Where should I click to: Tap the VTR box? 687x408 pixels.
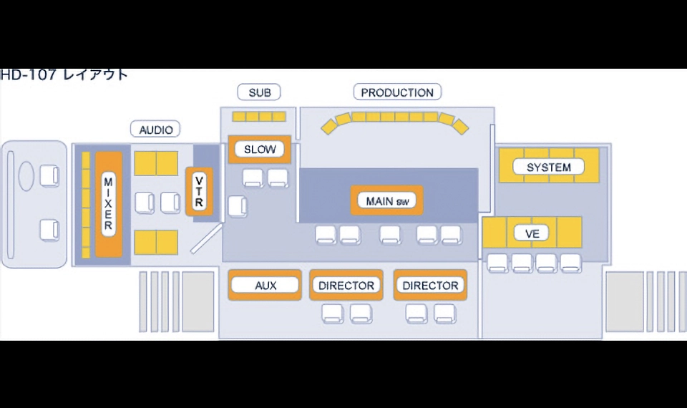pyautogui.click(x=199, y=192)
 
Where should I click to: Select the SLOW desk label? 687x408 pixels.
pyautogui.click(x=259, y=150)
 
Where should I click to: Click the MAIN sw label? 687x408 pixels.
pyautogui.click(x=387, y=201)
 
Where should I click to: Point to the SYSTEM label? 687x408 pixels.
pyautogui.click(x=549, y=167)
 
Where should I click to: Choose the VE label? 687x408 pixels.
pyautogui.click(x=532, y=233)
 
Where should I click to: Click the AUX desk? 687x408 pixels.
pyautogui.click(x=265, y=286)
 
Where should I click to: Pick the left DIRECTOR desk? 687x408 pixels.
pyautogui.click(x=346, y=286)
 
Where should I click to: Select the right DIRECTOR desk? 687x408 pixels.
pyautogui.click(x=430, y=286)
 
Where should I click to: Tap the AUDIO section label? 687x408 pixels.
pyautogui.click(x=155, y=130)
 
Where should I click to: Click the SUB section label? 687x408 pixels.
pyautogui.click(x=259, y=92)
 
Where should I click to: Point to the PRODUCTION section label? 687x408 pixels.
pyautogui.click(x=397, y=92)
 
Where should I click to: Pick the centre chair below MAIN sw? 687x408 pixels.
pyautogui.click(x=390, y=235)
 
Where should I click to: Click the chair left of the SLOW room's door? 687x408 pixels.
pyautogui.click(x=237, y=206)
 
